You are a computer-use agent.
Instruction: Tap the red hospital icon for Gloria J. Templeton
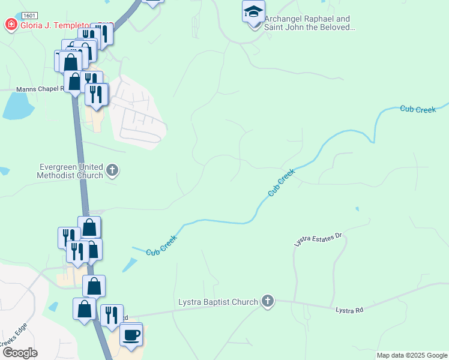[x=11, y=25]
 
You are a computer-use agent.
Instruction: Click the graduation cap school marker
[x=253, y=11]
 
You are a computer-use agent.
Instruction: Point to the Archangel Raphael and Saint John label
[x=307, y=23]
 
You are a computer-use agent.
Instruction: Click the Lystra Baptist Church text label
[x=218, y=302]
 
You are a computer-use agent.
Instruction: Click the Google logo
[x=20, y=353]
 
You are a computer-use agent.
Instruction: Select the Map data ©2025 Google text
[x=412, y=355]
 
